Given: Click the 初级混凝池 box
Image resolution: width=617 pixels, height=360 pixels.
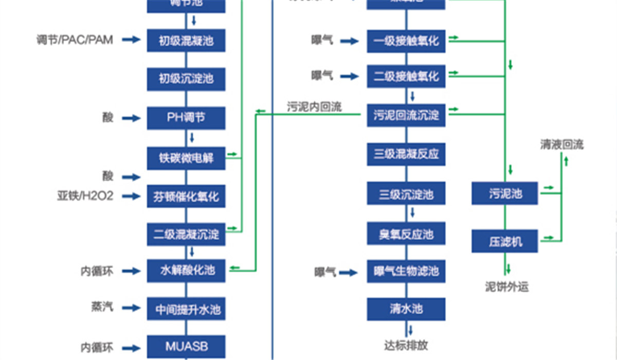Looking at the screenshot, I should tap(186, 41).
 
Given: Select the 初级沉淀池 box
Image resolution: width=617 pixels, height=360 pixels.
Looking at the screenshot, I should tap(186, 79).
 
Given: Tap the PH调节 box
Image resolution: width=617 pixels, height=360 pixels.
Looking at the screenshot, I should tap(186, 118).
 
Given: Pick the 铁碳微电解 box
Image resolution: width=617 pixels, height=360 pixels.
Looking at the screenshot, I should tap(186, 158).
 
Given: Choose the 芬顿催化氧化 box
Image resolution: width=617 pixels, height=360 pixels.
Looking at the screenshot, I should tap(186, 196).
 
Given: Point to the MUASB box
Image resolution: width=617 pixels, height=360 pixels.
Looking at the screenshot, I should tap(186, 346).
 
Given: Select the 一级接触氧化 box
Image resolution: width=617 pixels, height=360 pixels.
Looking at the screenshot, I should tap(406, 41).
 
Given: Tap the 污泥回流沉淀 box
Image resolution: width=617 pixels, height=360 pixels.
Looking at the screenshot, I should tap(406, 115).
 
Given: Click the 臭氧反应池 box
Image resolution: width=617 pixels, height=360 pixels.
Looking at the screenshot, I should tap(406, 234).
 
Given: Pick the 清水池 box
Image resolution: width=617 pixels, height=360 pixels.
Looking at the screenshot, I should tap(406, 309).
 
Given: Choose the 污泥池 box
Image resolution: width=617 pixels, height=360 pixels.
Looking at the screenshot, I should tap(505, 193).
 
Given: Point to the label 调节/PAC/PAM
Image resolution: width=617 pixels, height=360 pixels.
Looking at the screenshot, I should tap(75, 40).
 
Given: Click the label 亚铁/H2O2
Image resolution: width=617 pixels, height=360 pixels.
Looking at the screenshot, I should tap(85, 196).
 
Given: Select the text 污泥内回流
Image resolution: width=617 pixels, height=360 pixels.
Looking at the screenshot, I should tap(314, 107).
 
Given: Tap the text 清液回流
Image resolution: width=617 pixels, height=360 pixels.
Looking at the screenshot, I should tap(561, 145).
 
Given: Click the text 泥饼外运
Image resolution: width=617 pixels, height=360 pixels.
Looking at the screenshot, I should tap(506, 286).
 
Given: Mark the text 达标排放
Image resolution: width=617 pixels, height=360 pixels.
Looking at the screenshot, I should tap(406, 344).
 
